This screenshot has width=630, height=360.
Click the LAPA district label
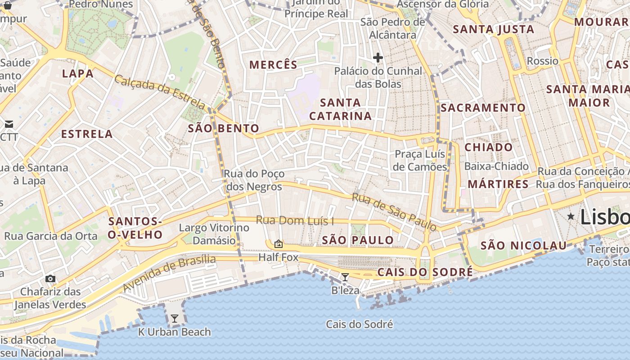78,73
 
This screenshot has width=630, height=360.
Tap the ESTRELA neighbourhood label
87,134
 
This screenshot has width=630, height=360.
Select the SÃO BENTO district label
223,129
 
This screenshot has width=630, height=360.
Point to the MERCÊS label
274,65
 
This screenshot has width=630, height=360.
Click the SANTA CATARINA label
341,109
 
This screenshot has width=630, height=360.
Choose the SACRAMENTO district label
483,108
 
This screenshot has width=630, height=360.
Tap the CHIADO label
488,147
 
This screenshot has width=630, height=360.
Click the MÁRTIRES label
498,184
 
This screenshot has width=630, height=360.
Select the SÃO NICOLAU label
523,245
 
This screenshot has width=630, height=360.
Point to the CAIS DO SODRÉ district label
425,272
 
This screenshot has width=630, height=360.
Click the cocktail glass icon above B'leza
345,277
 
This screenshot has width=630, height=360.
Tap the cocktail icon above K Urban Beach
174,319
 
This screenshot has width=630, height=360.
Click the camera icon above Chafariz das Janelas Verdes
50,279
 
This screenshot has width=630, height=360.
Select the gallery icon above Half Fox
279,244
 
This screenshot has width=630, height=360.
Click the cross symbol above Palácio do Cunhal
378,58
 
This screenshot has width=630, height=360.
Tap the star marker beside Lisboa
571,216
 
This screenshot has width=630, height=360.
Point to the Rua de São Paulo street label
394,211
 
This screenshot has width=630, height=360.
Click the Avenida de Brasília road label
169,273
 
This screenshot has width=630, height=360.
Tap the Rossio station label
542,61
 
